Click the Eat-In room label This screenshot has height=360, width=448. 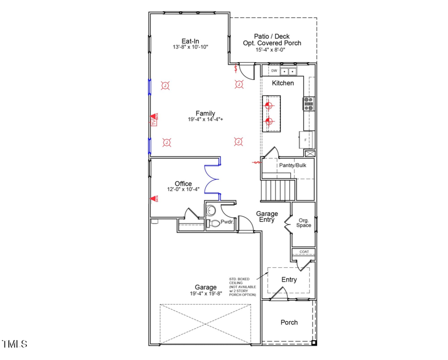[190, 40]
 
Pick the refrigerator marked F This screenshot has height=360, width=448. [305, 140]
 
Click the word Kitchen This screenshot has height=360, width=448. [283, 83]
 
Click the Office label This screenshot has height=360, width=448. [183, 184]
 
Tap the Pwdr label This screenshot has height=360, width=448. [227, 222]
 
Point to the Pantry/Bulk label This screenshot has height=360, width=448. [292, 165]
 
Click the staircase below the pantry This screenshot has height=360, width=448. [279, 189]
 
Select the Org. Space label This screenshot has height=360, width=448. [304, 223]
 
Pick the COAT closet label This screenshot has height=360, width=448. [304, 252]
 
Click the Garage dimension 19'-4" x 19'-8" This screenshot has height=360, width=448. [205, 294]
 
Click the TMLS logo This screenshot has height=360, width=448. [14, 344]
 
